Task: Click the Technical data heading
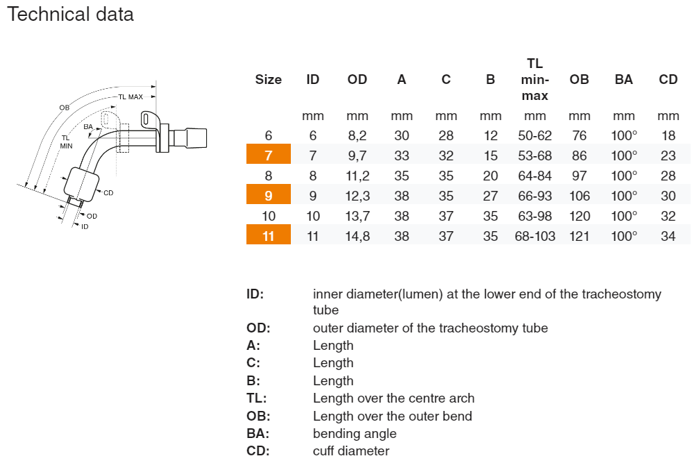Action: (70, 14)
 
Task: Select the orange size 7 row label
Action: (268, 155)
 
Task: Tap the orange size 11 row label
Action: (268, 236)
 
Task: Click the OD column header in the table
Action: (357, 79)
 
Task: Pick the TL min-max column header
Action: (534, 79)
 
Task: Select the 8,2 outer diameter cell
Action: (357, 135)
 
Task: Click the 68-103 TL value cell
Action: (534, 236)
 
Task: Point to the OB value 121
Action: (579, 236)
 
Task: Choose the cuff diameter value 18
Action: (668, 135)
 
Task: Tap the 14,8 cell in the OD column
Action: (357, 236)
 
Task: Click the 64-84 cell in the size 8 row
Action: (534, 176)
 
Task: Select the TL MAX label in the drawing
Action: (130, 97)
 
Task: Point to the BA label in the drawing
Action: (88, 127)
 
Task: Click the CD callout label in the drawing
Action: (108, 193)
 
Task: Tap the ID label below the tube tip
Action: (85, 226)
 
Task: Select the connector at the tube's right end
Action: (192, 134)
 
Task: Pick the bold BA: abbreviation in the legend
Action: (258, 433)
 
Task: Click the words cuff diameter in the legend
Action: (351, 451)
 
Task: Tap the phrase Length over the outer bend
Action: (392, 416)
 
